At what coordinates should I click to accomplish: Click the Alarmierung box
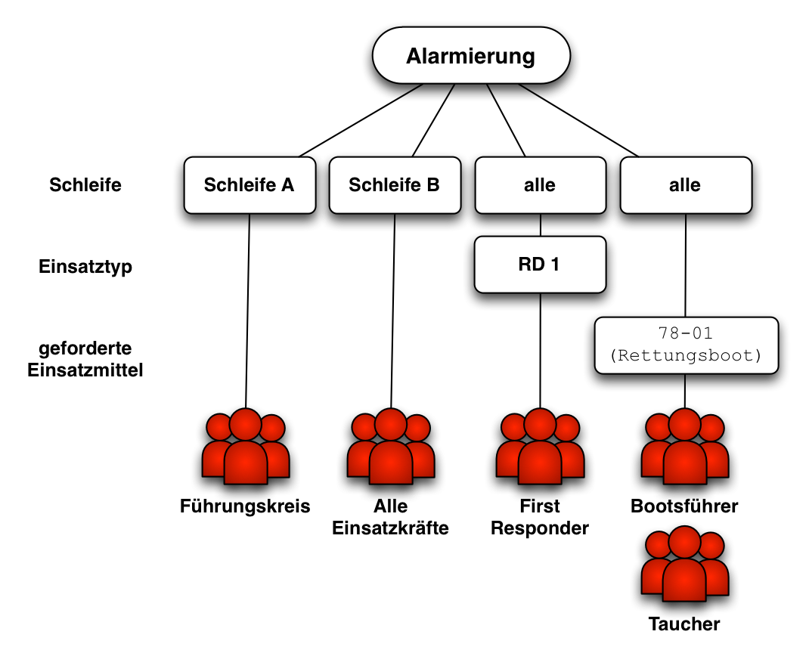coord(471,55)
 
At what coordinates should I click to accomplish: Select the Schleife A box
coord(250,185)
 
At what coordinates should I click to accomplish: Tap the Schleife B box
coord(395,185)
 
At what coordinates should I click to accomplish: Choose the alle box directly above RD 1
coord(540,185)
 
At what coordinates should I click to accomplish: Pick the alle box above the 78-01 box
coord(686,185)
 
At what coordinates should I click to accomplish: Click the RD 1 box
coord(540,265)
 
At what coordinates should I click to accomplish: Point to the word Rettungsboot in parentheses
coord(687,355)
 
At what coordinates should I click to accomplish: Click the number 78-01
coord(687,333)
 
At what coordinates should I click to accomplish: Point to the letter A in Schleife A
coord(287,185)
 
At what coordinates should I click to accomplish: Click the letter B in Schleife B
coord(432,185)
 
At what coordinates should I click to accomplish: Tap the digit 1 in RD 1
coord(555,265)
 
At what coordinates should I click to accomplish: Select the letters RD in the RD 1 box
coord(532,265)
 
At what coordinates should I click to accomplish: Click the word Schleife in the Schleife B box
coord(383,185)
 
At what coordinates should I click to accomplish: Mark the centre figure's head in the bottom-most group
coord(685,543)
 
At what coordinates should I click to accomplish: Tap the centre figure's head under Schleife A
coord(246,425)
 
